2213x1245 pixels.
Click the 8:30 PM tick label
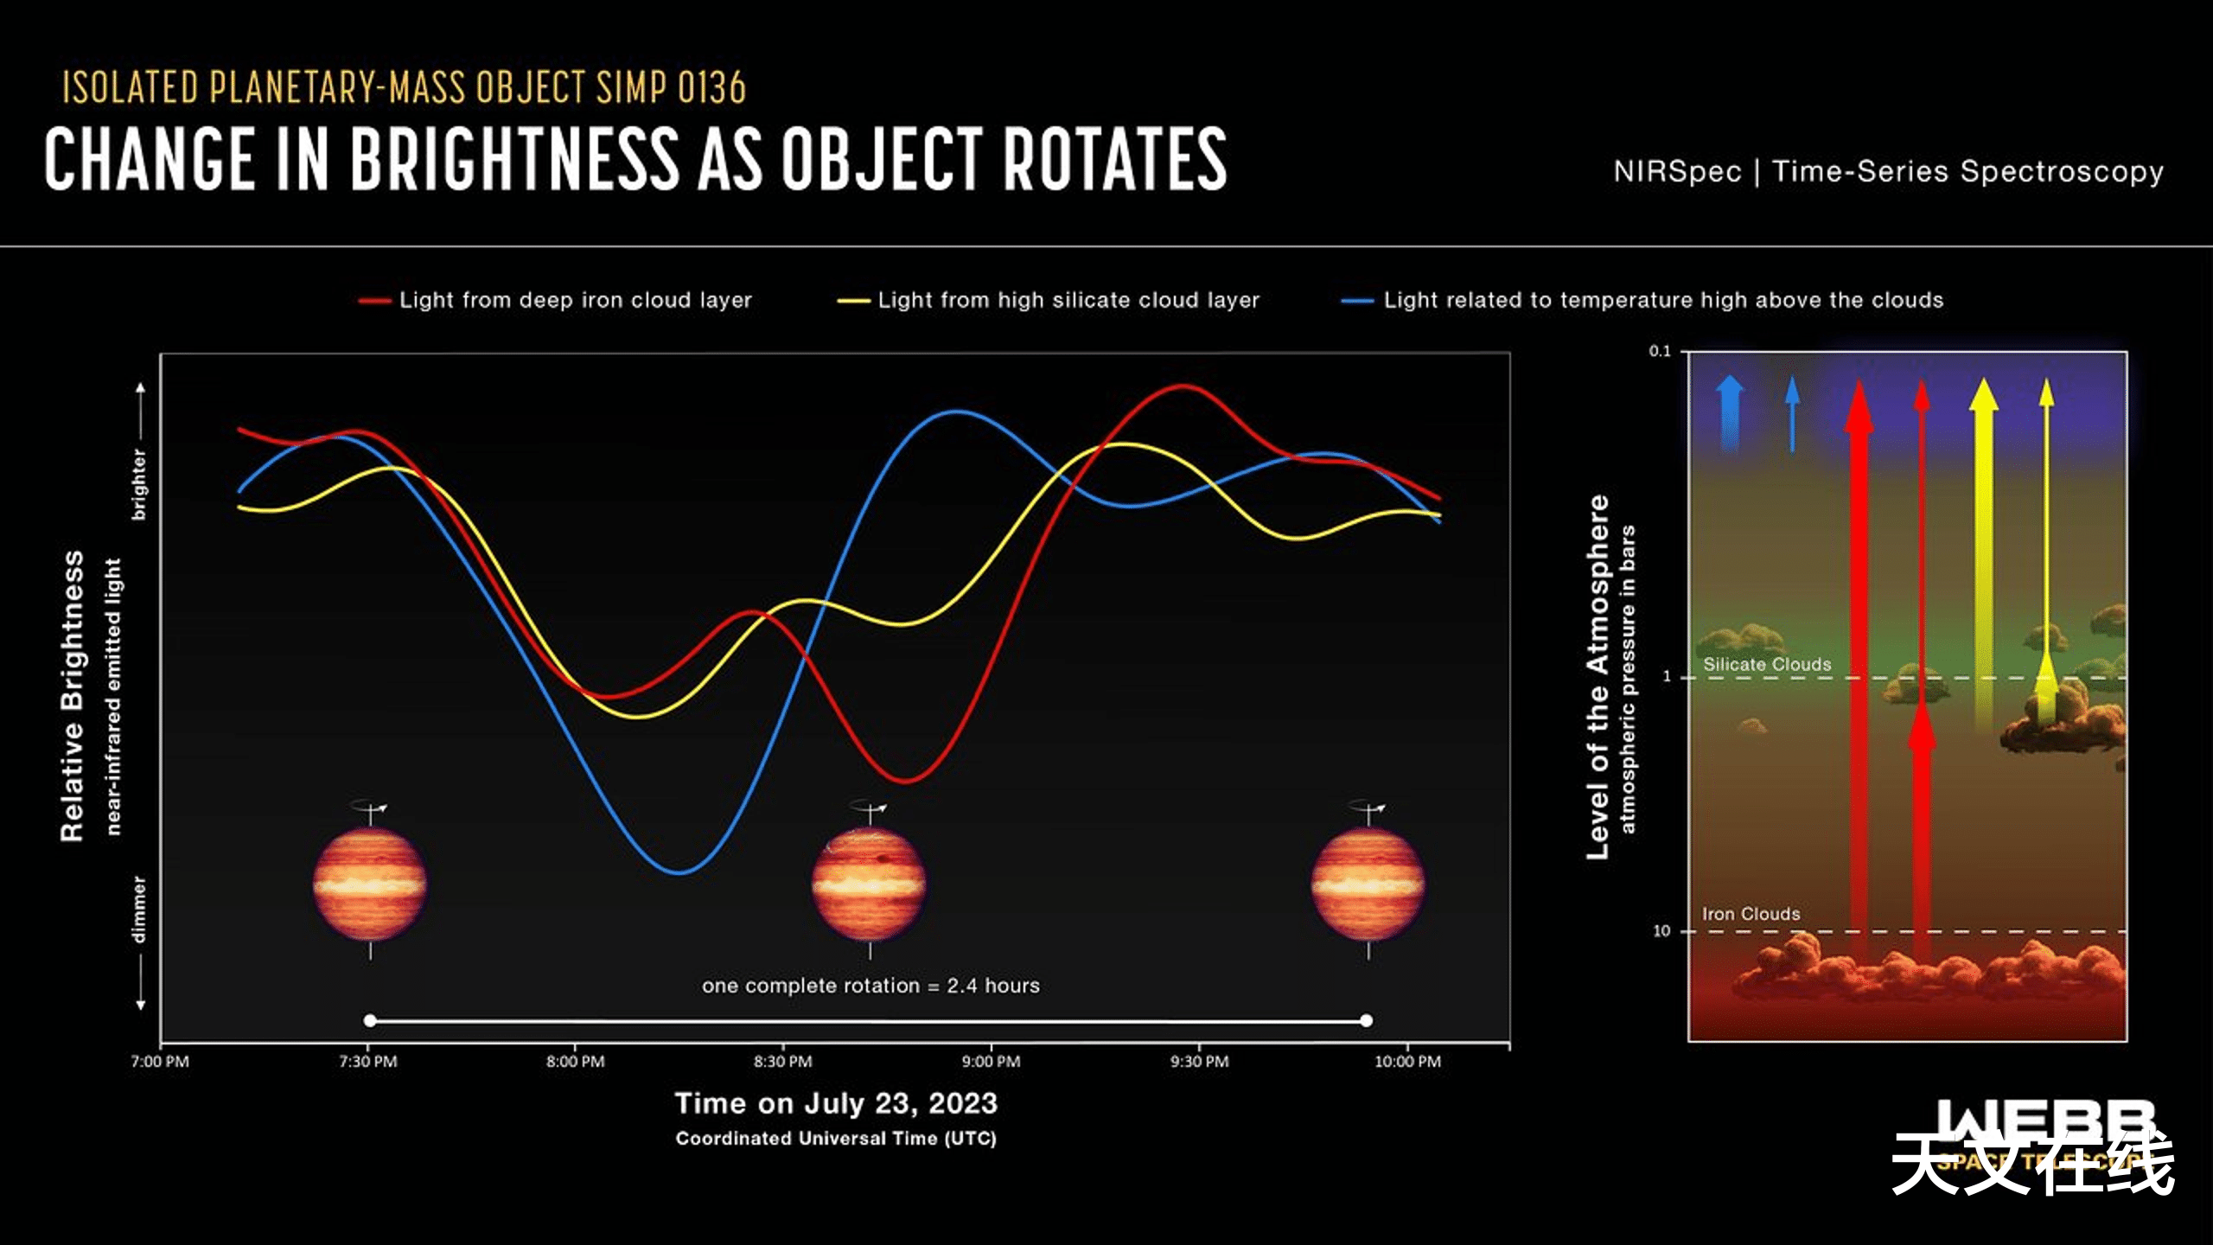click(782, 1061)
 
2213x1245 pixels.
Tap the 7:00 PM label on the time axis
click(160, 1061)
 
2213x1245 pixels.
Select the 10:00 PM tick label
click(1407, 1061)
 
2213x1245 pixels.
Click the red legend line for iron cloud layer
click(374, 301)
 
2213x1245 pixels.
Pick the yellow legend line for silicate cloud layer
click(852, 301)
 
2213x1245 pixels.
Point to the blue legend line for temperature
click(1356, 301)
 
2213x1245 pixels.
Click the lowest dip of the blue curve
click(679, 872)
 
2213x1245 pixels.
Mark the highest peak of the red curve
click(1183, 386)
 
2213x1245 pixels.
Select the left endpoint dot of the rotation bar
click(370, 1020)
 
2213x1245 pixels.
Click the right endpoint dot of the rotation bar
click(1366, 1020)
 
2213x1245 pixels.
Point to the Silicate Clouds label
click(1767, 664)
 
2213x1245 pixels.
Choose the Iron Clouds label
click(1751, 914)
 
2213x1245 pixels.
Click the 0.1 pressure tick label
click(1660, 351)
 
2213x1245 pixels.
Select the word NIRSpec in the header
click(1677, 171)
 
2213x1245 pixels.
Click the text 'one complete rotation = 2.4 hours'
click(871, 986)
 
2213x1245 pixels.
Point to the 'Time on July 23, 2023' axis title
click(836, 1103)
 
